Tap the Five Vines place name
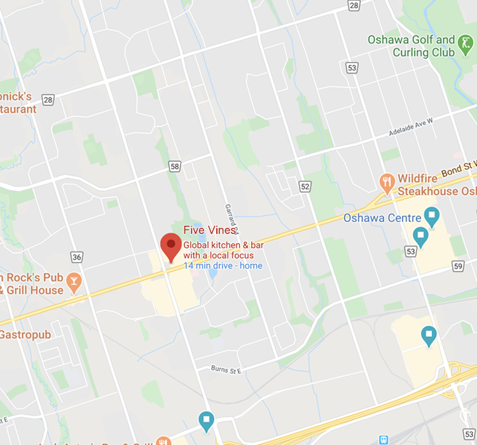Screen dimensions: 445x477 pos(209,231)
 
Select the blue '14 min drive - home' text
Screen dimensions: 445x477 pos(223,266)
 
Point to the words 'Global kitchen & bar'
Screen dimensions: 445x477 pos(223,245)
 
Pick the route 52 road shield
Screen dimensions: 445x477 pos(305,186)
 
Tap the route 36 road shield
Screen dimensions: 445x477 pos(77,257)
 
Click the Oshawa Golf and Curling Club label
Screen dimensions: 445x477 pos(411,46)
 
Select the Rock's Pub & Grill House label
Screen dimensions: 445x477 pos(32,284)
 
